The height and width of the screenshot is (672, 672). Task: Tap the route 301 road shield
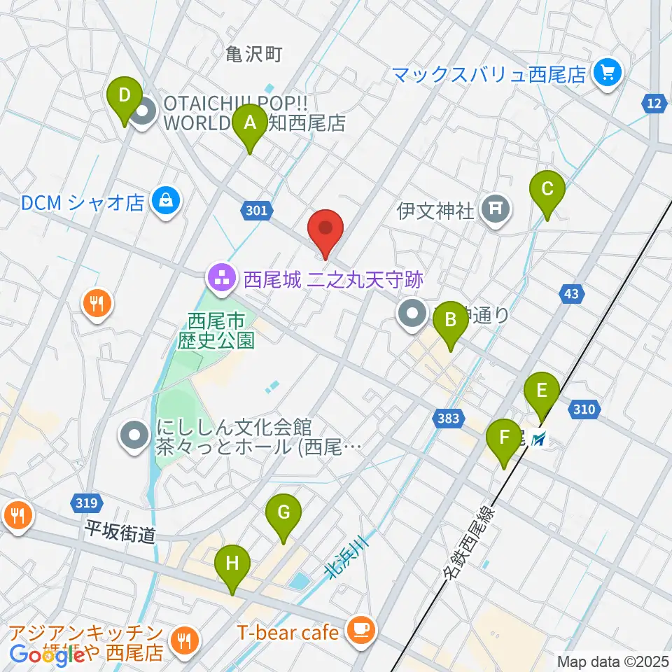coord(256,210)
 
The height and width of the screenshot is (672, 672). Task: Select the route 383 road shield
coord(448,419)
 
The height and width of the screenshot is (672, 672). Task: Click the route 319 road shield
coord(87,503)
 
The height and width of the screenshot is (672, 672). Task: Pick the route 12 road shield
coord(653,104)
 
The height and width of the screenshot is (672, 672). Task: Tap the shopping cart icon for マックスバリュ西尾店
coord(606,73)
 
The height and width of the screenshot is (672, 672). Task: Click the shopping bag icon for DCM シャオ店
coord(166,202)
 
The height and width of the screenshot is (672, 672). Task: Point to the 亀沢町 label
coord(254,54)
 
